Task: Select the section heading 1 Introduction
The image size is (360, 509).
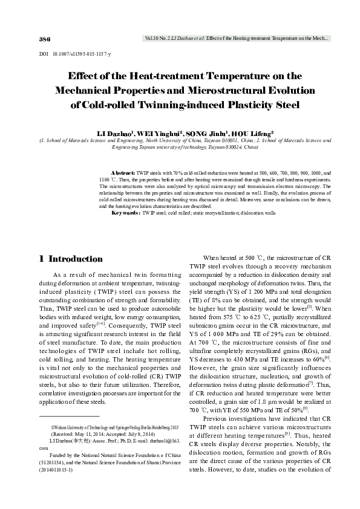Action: (70, 259)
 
